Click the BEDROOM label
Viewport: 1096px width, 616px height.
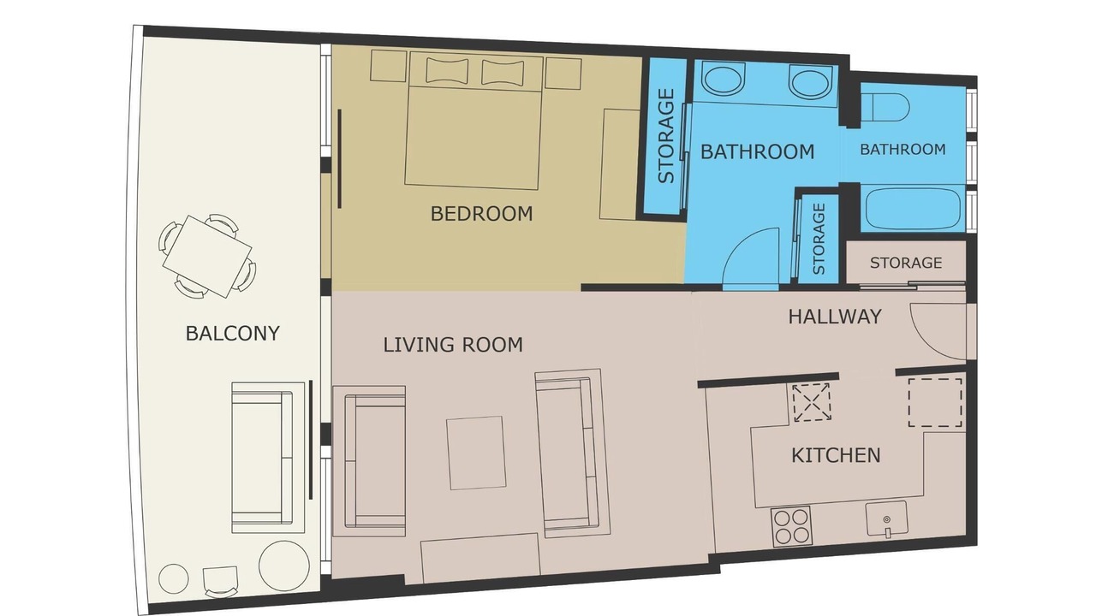click(x=481, y=214)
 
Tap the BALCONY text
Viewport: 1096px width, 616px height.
click(x=232, y=334)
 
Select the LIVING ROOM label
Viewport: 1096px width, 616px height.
click(x=453, y=345)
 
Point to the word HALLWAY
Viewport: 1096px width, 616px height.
click(x=835, y=317)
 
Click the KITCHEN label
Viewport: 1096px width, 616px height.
click(x=836, y=455)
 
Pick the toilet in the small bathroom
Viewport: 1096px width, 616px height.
click(x=885, y=107)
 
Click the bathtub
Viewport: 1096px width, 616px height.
click(x=913, y=210)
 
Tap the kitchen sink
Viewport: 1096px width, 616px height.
click(x=886, y=519)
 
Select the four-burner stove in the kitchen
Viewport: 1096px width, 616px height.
click(x=790, y=527)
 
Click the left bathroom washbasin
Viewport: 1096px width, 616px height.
click(x=723, y=80)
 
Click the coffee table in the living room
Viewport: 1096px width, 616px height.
click(x=476, y=453)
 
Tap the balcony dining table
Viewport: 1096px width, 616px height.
click(x=207, y=257)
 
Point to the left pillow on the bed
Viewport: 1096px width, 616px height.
click(x=447, y=70)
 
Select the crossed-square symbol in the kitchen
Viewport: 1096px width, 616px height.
click(x=811, y=402)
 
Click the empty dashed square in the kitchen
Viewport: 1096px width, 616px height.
click(x=935, y=402)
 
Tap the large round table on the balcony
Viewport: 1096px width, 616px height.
click(x=283, y=565)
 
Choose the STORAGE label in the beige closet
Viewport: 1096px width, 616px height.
click(x=906, y=263)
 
